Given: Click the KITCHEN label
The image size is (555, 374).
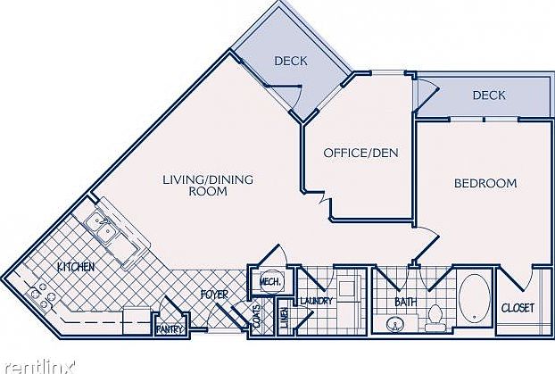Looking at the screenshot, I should coord(77,266).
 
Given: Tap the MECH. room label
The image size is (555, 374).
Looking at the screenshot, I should coord(269,282).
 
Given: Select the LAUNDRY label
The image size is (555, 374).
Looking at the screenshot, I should coord(317,301).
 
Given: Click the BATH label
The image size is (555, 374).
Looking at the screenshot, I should coord(406,302).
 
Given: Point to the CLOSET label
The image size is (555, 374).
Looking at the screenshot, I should coord(517,308).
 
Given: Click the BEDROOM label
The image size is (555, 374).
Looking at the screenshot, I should coord(485,183).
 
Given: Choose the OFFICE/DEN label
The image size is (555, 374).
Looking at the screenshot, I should coord(360,153).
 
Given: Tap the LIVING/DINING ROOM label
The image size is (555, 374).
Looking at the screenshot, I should coord(208,185).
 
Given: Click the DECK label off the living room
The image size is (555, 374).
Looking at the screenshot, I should coord(290,61).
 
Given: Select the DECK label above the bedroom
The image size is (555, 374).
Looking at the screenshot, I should coord(489,95).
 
